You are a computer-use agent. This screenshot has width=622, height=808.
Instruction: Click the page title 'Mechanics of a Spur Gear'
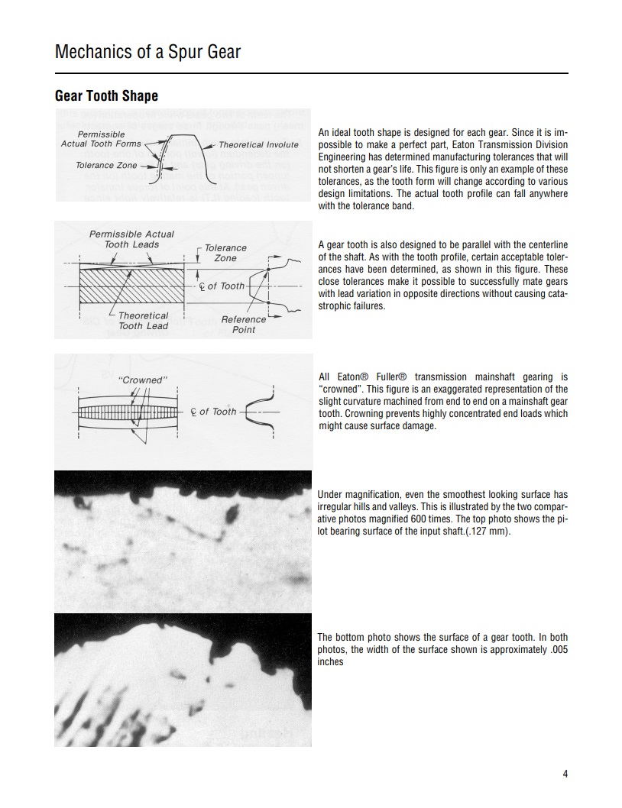click(x=147, y=52)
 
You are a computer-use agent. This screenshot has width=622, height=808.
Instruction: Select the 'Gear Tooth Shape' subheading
click(x=106, y=95)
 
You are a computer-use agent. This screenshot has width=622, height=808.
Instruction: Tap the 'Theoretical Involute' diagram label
click(x=258, y=144)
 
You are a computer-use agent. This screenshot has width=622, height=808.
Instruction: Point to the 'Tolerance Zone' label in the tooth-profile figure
click(x=106, y=165)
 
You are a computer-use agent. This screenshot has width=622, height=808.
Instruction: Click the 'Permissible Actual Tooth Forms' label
click(x=101, y=139)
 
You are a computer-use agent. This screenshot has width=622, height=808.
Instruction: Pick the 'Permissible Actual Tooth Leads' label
click(x=131, y=239)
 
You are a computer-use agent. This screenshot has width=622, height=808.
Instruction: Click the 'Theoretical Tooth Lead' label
click(x=143, y=321)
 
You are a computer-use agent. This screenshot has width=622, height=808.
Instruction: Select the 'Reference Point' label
click(x=244, y=325)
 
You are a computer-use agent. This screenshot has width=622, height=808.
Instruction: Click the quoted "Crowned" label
click(x=142, y=380)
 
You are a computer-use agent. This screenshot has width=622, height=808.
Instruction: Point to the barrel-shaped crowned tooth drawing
click(x=128, y=412)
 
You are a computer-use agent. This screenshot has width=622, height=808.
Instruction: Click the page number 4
click(x=565, y=774)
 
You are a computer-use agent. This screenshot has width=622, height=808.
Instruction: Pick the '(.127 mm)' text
click(x=488, y=531)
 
